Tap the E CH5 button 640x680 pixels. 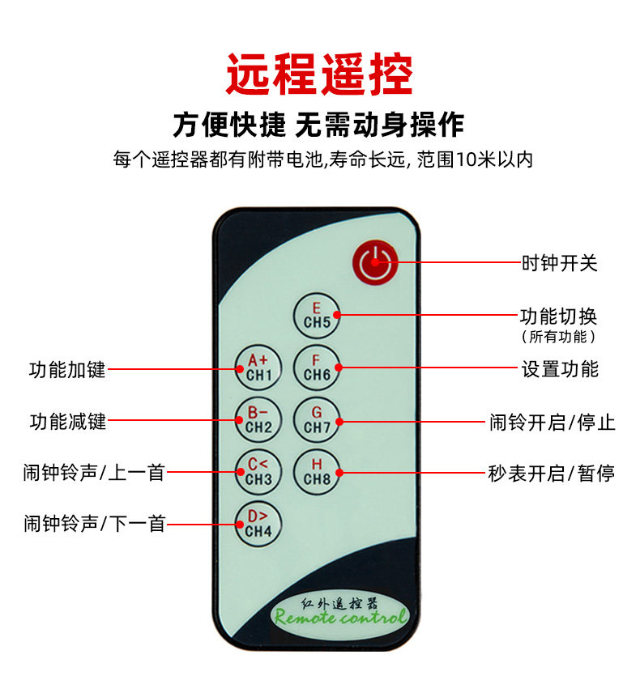pos(317,316)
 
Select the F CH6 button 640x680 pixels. pos(317,368)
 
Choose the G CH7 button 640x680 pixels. pos(317,420)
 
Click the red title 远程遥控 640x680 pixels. pos(319,74)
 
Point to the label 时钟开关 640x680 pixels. pos(559,263)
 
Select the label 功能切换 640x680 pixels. pos(559,317)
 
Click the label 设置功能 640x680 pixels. pos(560,369)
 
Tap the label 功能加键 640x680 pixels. pos(67,370)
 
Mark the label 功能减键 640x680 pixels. pos(67,422)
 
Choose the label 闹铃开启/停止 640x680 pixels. pos(553,422)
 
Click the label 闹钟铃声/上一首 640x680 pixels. pos(94,473)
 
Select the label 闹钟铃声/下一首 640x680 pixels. pos(94,525)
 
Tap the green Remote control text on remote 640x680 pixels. pos(340,618)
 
